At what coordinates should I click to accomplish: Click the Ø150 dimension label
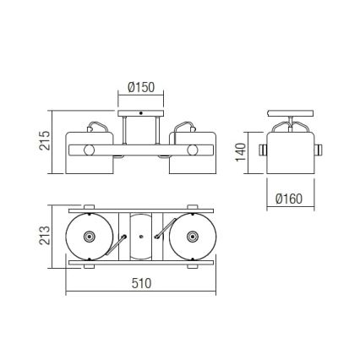click(x=141, y=87)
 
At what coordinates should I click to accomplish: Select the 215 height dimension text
click(x=45, y=140)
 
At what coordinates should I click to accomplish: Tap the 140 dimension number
click(x=241, y=152)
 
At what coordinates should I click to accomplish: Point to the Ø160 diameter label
click(x=289, y=199)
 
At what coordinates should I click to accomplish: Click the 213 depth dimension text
click(x=45, y=235)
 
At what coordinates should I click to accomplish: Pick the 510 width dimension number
click(x=141, y=283)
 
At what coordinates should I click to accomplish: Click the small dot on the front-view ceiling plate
click(x=141, y=113)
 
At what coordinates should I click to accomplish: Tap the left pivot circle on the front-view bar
click(x=89, y=150)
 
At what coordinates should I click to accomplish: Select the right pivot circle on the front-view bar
click(x=193, y=150)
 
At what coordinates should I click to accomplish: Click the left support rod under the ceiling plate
click(x=124, y=130)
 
